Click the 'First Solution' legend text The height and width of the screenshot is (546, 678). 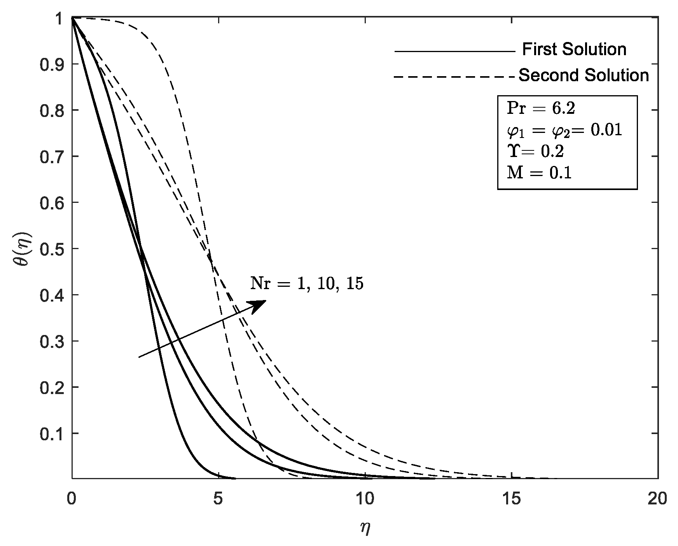point(574,50)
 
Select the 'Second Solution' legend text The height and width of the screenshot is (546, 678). point(584,75)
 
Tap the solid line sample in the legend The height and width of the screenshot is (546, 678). point(454,51)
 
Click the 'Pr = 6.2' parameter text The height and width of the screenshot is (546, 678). point(540,109)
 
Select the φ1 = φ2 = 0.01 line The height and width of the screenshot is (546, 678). point(564,131)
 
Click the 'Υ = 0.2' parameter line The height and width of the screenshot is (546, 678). point(535,152)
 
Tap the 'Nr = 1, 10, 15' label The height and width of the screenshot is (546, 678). point(307,284)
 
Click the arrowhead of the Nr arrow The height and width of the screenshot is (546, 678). point(259,305)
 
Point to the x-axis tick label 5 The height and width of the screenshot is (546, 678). point(218,499)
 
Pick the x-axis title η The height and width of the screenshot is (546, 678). point(365,529)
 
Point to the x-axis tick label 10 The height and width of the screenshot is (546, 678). point(365,499)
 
